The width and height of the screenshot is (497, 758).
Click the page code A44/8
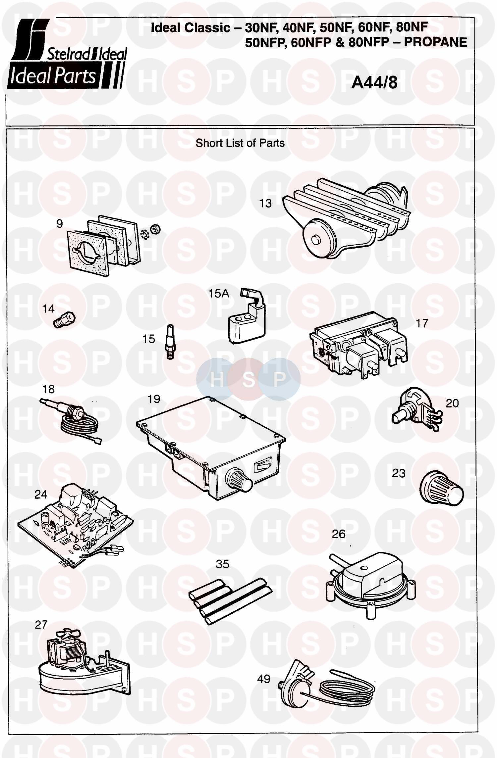point(374,82)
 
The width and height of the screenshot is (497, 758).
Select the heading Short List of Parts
point(240,143)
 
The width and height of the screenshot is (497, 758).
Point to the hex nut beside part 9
point(155,228)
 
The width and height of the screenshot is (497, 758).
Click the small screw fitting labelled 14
point(65,320)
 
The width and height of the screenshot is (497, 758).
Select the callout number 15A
point(218,293)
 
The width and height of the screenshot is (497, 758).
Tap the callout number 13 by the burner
point(265,203)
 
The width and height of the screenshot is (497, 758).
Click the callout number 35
point(222,564)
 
